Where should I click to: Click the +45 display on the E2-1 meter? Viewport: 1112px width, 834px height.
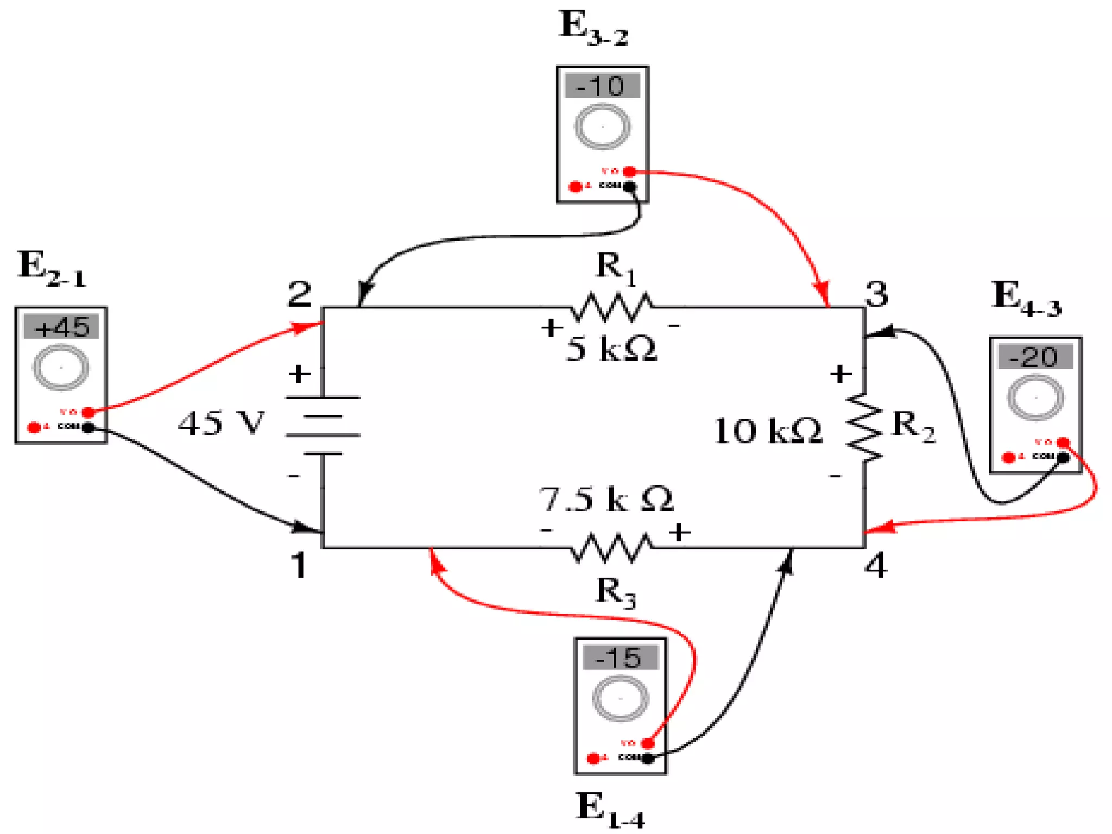[61, 327]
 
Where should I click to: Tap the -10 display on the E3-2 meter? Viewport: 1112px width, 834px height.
[602, 86]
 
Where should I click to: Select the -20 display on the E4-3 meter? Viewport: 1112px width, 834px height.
[1035, 357]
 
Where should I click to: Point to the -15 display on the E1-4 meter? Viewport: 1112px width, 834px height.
[620, 658]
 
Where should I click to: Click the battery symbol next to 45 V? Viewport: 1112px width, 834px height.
[323, 425]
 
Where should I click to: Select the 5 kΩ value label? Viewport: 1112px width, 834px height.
[611, 349]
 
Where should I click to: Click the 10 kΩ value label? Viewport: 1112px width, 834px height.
[768, 431]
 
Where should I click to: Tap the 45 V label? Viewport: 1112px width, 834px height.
[222, 424]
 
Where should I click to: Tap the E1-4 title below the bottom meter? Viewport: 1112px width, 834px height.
[610, 810]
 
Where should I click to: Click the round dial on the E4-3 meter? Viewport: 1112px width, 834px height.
[1035, 398]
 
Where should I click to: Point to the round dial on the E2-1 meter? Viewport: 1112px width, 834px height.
[61, 368]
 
